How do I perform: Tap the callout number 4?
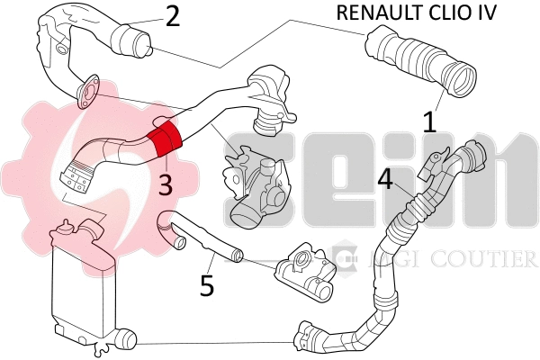385,179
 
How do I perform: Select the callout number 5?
207,286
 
